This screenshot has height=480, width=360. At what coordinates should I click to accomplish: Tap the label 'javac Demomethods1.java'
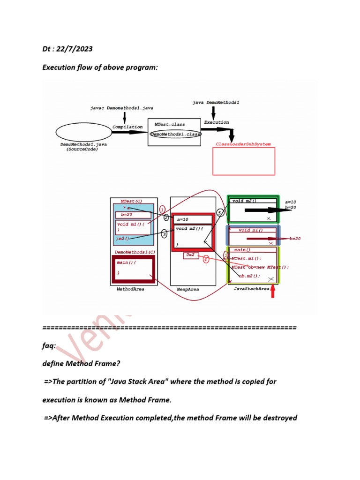122,108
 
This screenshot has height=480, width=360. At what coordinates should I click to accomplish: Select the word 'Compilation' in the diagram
127,127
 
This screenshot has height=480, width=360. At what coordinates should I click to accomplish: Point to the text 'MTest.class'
170,125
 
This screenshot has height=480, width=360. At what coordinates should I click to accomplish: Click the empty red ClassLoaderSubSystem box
244,161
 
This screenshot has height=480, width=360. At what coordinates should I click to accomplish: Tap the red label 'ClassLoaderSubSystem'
243,144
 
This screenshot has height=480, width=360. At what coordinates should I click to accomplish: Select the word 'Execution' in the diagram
217,122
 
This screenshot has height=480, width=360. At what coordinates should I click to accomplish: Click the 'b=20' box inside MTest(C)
133,215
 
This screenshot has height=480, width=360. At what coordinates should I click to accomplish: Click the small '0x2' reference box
191,255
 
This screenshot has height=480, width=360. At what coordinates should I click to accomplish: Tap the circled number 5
220,212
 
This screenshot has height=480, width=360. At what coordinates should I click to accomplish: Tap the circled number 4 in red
206,259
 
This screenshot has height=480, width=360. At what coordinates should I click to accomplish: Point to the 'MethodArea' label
130,289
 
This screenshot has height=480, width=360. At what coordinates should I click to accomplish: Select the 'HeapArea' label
187,290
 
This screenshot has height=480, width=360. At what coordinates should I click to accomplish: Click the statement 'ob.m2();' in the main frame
249,276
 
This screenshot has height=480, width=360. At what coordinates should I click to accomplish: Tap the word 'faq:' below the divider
49,345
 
